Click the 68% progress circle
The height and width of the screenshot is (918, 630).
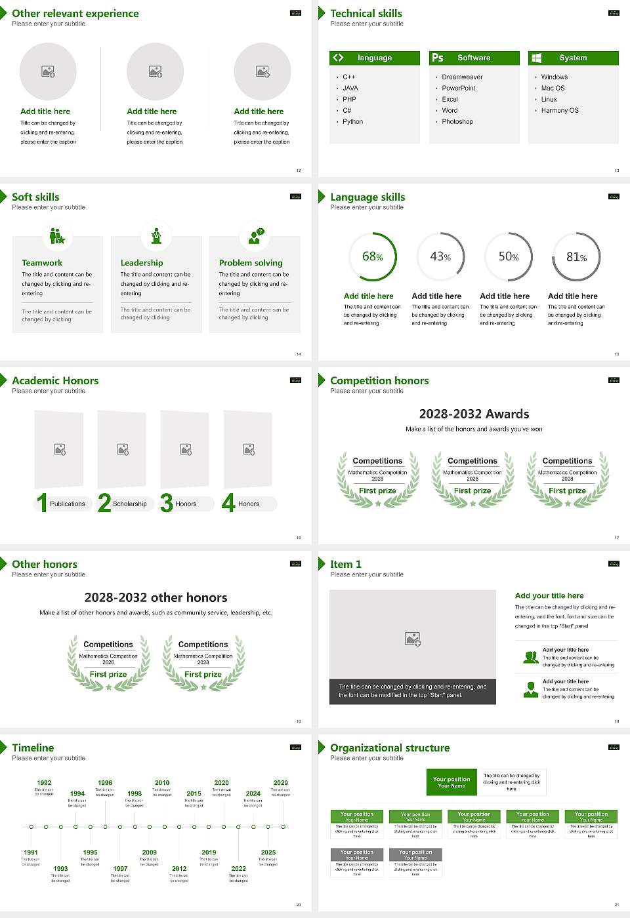click(x=373, y=257)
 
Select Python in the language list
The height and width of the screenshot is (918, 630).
click(x=352, y=121)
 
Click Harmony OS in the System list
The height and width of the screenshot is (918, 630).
click(x=560, y=110)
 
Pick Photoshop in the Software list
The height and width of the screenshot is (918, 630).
click(x=457, y=121)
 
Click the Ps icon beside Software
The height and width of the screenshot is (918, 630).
click(x=438, y=58)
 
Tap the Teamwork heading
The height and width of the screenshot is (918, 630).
click(x=42, y=262)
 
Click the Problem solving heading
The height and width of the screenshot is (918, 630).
click(x=251, y=262)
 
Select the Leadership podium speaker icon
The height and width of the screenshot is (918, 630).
click(x=156, y=235)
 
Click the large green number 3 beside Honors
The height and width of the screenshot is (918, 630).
click(x=167, y=503)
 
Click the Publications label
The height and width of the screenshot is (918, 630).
click(x=68, y=504)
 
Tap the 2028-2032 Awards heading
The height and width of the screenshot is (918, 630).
click(x=474, y=414)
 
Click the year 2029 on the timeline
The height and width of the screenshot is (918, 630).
click(x=281, y=782)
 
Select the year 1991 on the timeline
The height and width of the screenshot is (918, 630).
click(x=31, y=852)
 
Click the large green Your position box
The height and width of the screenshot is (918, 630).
click(x=451, y=782)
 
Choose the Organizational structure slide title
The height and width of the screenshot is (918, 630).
click(x=390, y=748)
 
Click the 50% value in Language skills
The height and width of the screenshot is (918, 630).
click(x=509, y=257)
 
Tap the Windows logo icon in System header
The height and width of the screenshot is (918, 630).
click(x=536, y=58)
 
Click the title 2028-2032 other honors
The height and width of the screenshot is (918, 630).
click(x=156, y=597)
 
